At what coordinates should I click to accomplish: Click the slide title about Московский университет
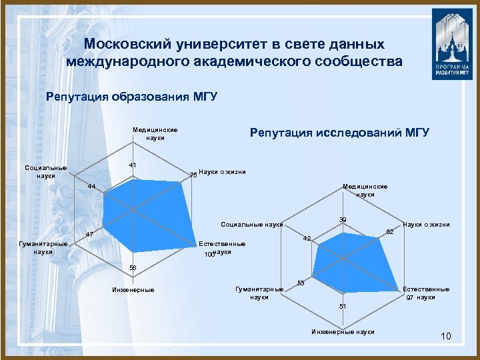point(235,53)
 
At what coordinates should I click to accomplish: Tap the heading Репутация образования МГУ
point(132,97)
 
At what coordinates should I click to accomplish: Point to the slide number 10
point(446,336)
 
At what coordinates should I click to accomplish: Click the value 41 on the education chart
point(133,165)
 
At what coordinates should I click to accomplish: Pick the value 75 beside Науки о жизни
point(193,175)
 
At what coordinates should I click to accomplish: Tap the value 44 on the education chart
point(92,187)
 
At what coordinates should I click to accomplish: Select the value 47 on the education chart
point(89,235)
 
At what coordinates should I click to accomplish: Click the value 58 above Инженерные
point(133,267)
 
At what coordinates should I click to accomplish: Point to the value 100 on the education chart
point(209,255)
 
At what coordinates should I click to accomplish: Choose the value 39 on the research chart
point(342,219)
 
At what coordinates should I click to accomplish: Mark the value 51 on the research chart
point(342,305)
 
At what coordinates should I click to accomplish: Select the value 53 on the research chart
point(301,284)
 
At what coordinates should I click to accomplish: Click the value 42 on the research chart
point(307,238)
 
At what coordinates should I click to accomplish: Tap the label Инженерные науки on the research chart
point(343,332)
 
